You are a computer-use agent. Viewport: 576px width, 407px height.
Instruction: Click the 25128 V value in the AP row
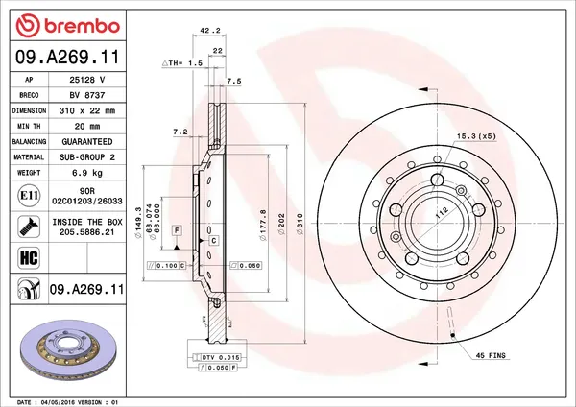point(87,80)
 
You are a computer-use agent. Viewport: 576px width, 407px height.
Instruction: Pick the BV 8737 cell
point(87,95)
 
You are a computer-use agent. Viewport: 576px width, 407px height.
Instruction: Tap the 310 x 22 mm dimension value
point(87,110)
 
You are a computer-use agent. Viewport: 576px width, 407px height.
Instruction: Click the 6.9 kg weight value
point(87,172)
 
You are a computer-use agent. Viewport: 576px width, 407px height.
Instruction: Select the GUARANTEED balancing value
point(87,141)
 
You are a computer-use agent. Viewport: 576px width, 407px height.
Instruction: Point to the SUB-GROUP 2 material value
point(87,156)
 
